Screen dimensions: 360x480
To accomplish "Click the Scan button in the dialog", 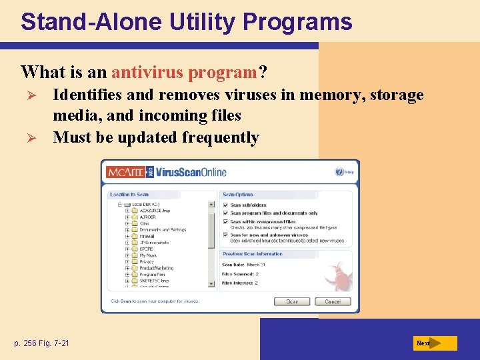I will point(292,301).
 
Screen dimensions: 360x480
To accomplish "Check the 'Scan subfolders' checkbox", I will point(226,205).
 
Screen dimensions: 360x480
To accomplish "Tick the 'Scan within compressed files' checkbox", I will point(226,221).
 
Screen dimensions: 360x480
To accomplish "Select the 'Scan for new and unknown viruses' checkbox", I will point(226,235).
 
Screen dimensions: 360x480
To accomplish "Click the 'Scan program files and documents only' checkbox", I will point(226,213).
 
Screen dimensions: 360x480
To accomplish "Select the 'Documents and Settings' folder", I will point(162,229).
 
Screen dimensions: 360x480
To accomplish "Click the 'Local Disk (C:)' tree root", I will point(145,204).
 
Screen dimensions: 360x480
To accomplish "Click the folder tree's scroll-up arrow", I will point(212,204).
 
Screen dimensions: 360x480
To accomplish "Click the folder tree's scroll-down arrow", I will point(212,283).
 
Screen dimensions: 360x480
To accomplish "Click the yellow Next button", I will point(435,343).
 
